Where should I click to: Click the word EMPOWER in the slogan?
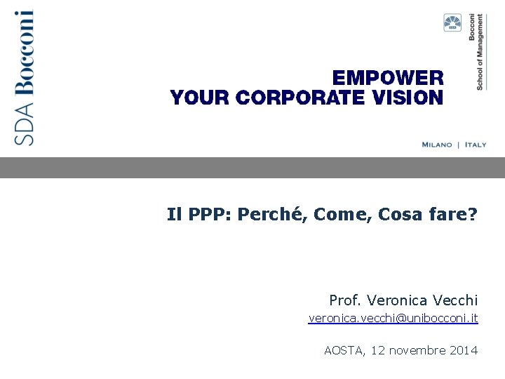387,78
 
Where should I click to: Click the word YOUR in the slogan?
201,98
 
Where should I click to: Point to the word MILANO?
437,145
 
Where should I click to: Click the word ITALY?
474,145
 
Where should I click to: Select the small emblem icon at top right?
452,23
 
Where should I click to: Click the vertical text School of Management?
480,51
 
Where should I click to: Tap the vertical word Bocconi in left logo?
23,52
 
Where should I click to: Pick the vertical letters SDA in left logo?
25,124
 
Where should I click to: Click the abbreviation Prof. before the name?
345,300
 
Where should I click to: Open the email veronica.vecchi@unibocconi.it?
393,319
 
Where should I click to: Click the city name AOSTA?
344,350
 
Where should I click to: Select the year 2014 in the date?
462,350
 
